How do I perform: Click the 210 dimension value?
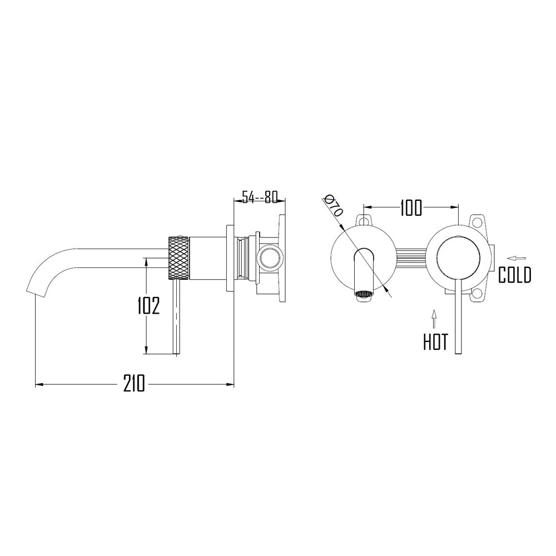(x=134, y=383)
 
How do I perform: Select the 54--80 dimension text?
(x=259, y=197)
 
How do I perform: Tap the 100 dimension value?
(x=411, y=208)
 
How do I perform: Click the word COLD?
(x=514, y=275)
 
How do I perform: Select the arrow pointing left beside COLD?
(x=518, y=257)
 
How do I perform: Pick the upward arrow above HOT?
(x=434, y=319)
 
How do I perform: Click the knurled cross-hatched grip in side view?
(x=178, y=257)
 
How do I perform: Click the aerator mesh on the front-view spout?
(x=364, y=294)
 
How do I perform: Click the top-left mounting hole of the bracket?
(x=365, y=220)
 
